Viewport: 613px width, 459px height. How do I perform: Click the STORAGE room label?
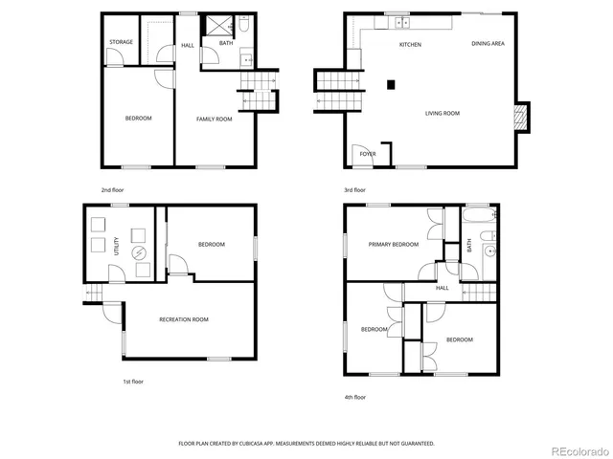121,42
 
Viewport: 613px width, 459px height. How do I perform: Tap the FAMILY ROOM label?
215,119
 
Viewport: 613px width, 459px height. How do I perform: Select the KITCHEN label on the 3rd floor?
410,45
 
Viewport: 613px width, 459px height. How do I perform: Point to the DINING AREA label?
488,44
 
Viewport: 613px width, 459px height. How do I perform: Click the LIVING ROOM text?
443,114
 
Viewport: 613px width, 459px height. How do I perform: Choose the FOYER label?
367,154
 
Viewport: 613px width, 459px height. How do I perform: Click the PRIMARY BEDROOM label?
394,245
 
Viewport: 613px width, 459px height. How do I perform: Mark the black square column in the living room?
390,84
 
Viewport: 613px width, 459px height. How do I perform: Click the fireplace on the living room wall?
521,117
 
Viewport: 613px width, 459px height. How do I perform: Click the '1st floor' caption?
132,382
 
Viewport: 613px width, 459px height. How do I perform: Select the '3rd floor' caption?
354,190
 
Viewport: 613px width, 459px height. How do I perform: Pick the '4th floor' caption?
354,397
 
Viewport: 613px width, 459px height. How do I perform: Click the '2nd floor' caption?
112,190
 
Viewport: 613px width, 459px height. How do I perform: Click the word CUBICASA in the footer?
258,444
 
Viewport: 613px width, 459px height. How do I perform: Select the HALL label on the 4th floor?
443,288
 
